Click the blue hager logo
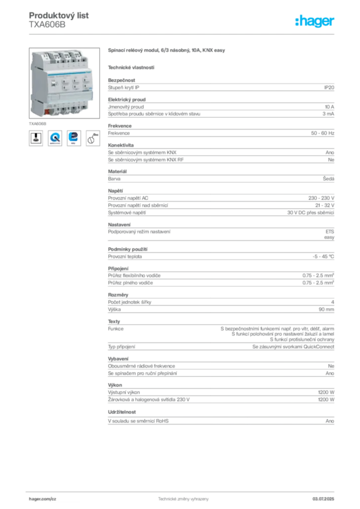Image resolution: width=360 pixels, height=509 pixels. pos(315,21)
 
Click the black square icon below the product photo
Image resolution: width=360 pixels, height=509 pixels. pos(36,138)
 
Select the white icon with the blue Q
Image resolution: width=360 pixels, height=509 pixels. pos(55,138)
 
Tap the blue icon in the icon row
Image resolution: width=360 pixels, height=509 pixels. pos(74,138)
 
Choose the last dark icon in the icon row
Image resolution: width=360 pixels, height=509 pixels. pos(93,138)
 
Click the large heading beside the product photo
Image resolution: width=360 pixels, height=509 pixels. pos(167,51)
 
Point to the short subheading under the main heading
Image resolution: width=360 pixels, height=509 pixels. pos(132,67)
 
